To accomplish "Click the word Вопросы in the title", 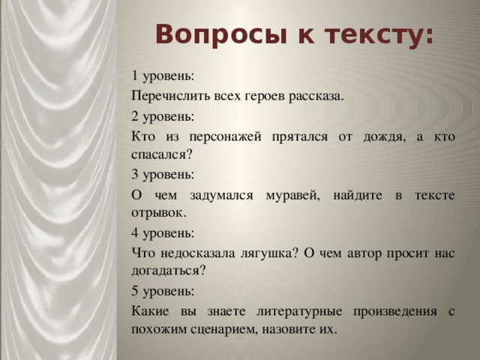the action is [222, 34].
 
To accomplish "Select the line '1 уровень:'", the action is [163, 76].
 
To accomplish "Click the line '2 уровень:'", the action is [163, 117].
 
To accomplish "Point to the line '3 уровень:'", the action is [163, 175].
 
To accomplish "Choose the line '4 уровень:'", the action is [163, 234].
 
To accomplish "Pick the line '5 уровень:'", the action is [163, 292].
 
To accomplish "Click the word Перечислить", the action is [170, 97].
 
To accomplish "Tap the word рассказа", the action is [316, 97].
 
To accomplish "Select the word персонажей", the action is [225, 137].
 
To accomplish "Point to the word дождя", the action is [385, 137].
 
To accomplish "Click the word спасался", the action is [161, 155].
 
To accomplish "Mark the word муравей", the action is [293, 196].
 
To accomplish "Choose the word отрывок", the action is [159, 213].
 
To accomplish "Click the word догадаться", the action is [168, 271].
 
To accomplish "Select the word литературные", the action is [299, 312].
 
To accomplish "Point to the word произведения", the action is [395, 312].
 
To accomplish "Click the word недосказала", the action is [198, 253].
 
